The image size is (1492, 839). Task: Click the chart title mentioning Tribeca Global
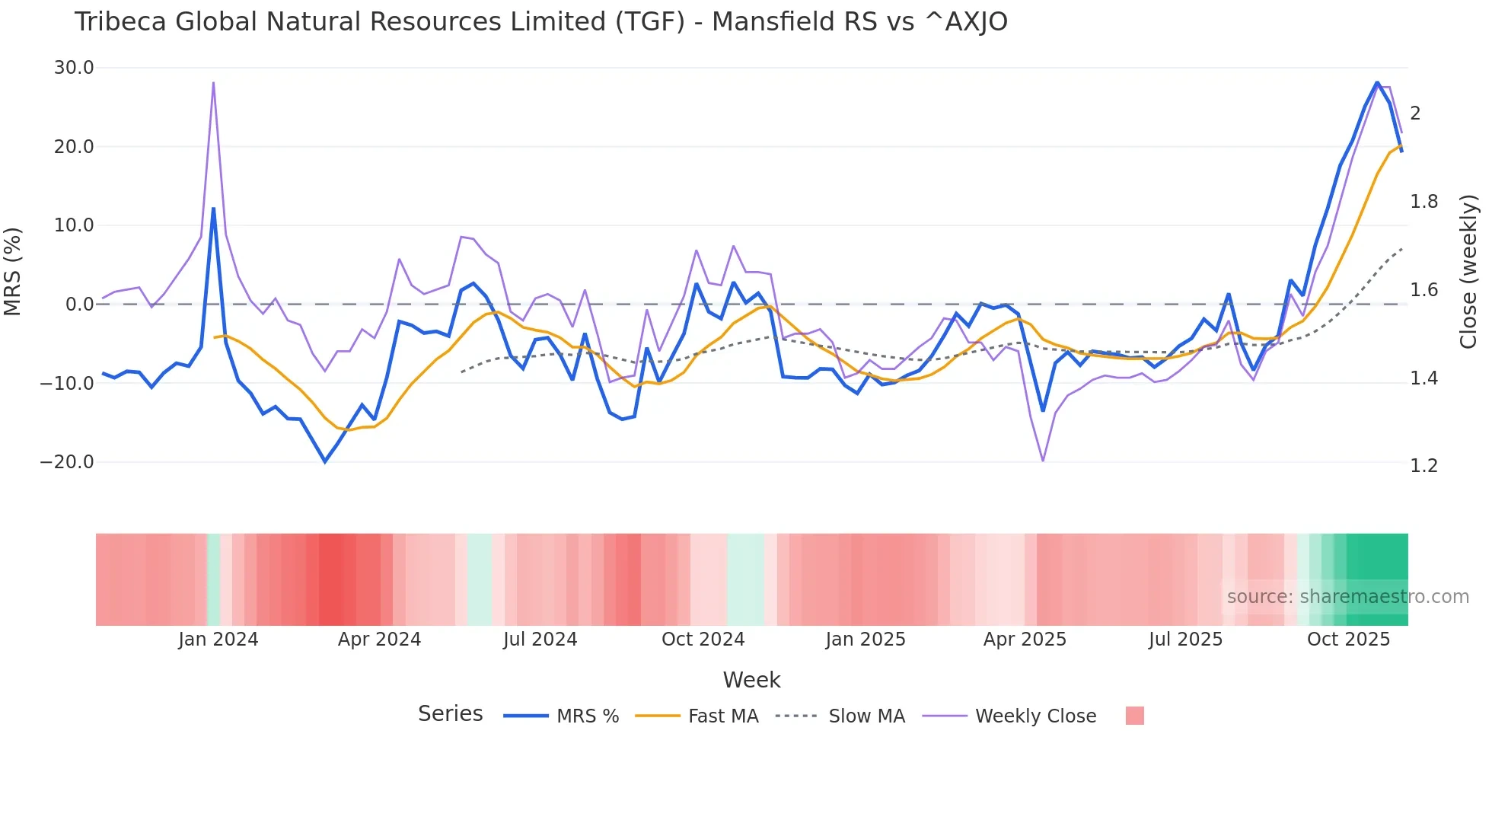click(540, 21)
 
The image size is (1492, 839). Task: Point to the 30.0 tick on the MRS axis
click(74, 68)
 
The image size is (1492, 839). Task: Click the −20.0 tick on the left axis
click(67, 462)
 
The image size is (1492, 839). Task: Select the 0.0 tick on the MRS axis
click(79, 305)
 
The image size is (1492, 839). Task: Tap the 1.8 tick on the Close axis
click(1423, 202)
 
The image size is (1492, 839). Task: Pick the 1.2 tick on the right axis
click(1423, 466)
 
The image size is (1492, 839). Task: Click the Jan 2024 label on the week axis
click(218, 640)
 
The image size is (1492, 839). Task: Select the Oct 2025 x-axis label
click(1348, 640)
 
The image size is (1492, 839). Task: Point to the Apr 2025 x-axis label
click(1025, 640)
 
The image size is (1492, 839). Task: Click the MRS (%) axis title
click(13, 271)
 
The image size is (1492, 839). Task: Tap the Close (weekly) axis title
click(1468, 271)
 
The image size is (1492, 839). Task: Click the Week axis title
click(751, 680)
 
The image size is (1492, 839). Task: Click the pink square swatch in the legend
click(1134, 716)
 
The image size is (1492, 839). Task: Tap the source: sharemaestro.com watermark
click(1347, 597)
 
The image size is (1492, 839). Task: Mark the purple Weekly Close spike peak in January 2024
click(213, 82)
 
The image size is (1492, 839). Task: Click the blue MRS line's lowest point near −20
click(325, 461)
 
